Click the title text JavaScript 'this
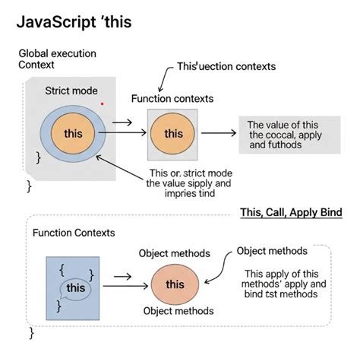click(x=73, y=21)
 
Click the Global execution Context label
click(x=58, y=59)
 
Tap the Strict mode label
click(x=71, y=90)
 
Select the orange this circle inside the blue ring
click(x=73, y=133)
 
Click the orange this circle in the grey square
click(x=173, y=134)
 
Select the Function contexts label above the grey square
click(x=172, y=99)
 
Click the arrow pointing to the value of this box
click(x=218, y=133)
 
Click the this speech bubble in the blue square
click(x=76, y=288)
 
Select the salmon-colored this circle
click(x=175, y=284)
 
